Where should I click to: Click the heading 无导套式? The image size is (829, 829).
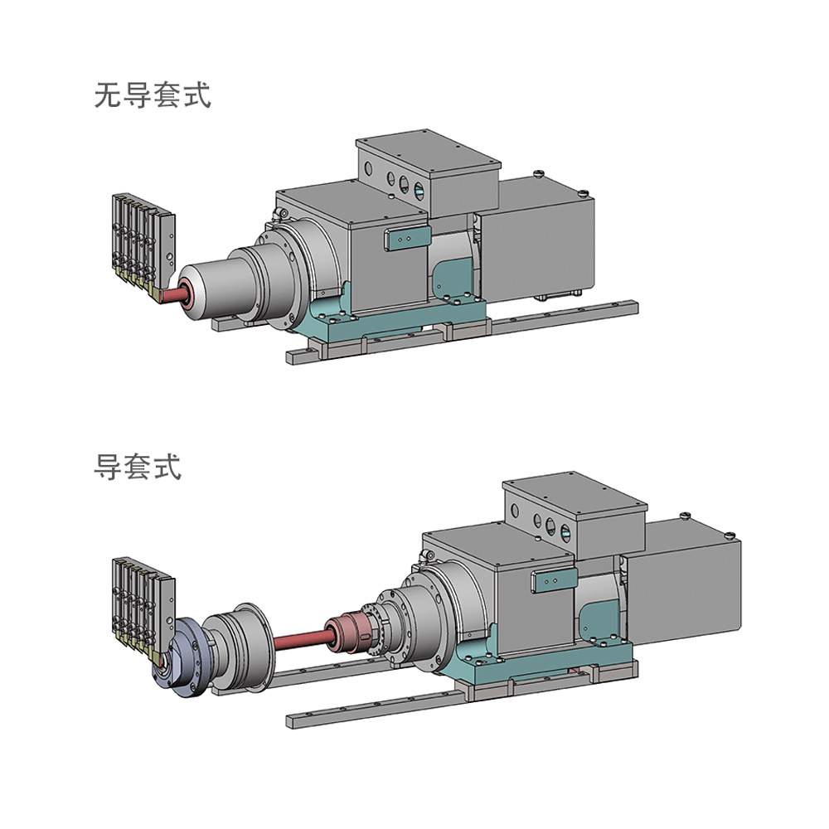point(153,95)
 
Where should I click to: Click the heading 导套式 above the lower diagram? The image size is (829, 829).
point(137,468)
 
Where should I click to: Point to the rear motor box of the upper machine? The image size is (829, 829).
point(541,240)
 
